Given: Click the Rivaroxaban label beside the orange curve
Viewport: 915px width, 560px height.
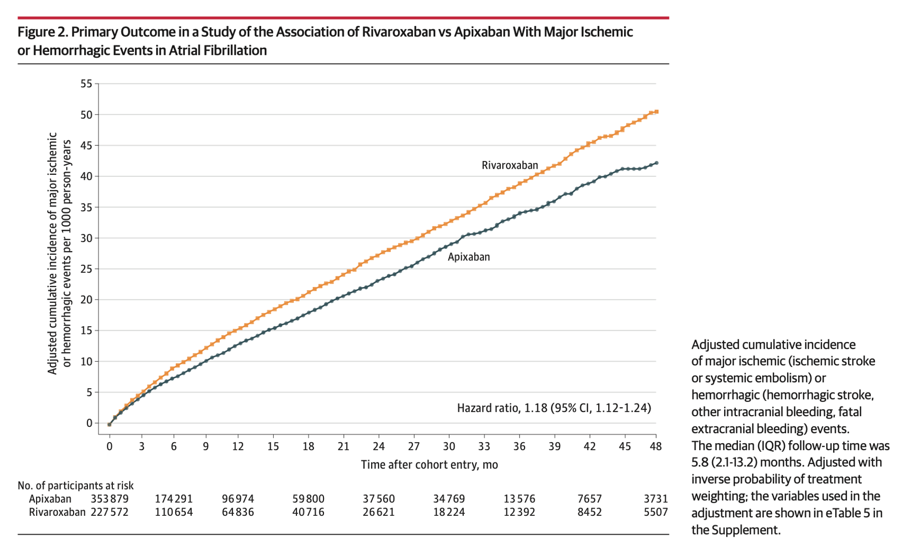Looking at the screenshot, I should coord(509,165).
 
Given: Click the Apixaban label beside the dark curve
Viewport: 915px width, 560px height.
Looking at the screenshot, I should coord(468,257).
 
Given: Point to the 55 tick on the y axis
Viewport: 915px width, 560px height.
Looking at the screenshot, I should coord(86,83).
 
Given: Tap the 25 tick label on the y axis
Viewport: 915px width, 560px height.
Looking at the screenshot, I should coord(86,269).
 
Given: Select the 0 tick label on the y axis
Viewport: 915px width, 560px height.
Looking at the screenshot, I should coord(89,423).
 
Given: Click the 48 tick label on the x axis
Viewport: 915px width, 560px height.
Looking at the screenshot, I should coord(656,446).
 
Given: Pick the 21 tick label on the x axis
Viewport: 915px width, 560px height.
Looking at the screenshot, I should coord(343,446).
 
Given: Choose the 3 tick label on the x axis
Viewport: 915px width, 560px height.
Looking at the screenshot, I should coord(142,446).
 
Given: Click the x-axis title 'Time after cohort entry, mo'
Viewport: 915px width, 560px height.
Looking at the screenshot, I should coord(429,464).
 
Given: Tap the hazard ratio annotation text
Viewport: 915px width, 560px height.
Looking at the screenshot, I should coord(553,408).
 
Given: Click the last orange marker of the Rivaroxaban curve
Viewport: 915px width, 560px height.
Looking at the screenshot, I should coord(657,112).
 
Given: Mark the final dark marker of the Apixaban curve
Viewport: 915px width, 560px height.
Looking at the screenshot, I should coord(657,163).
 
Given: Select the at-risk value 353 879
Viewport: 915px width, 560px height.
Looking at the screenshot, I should coord(110,499).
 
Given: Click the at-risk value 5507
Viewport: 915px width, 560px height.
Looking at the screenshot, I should coord(656,512).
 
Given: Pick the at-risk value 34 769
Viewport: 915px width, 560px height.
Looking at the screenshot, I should coord(448,499).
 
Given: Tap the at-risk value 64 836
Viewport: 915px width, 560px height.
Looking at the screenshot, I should coord(238,512).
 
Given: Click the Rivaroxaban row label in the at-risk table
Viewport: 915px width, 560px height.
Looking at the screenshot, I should coord(57,512).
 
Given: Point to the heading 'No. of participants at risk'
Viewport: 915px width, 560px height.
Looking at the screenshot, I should coord(76,485).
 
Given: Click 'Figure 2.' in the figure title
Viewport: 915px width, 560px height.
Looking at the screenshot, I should coord(43,32).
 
